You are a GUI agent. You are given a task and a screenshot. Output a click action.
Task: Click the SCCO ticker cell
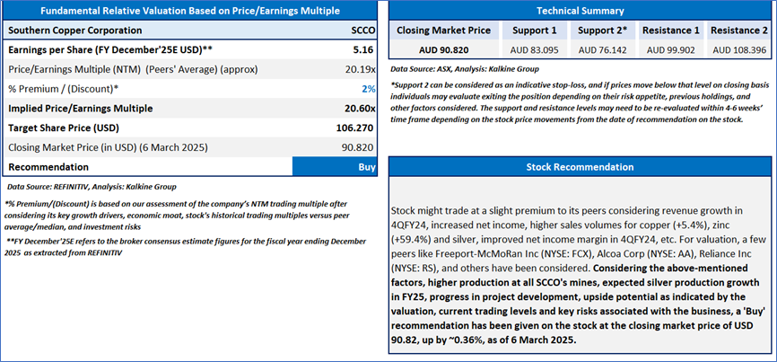(x=362, y=30)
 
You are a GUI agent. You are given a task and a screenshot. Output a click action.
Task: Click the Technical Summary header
(x=580, y=10)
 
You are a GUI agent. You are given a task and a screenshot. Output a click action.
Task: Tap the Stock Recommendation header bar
(x=580, y=167)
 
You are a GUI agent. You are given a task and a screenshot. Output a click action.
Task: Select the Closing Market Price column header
(x=443, y=30)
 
